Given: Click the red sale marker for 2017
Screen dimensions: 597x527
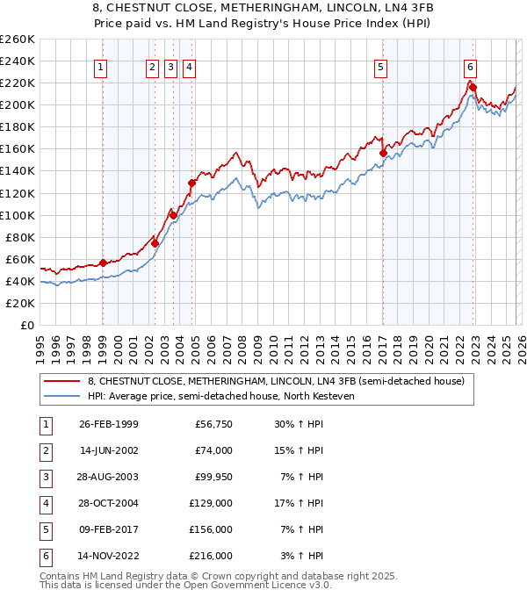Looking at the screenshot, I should pyautogui.click(x=383, y=153).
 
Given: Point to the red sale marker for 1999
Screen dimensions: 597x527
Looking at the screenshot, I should pyautogui.click(x=103, y=263).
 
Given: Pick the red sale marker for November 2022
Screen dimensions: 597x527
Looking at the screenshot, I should pyautogui.click(x=473, y=87).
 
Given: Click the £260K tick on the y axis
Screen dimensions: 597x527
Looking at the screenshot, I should pyautogui.click(x=18, y=40).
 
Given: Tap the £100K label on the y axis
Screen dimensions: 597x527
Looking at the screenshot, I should pyautogui.click(x=18, y=215).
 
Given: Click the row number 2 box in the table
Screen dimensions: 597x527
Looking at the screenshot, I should pyautogui.click(x=46, y=450).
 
